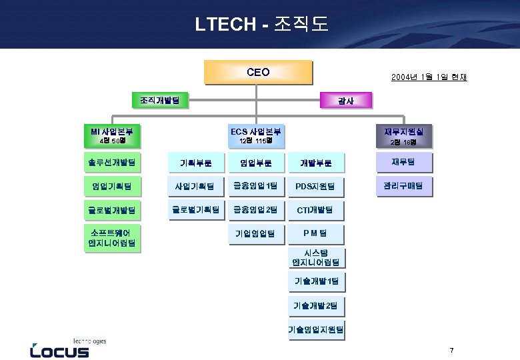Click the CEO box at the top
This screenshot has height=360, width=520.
(x=258, y=72)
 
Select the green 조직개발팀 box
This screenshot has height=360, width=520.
(x=160, y=100)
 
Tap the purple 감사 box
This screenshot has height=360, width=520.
(x=346, y=101)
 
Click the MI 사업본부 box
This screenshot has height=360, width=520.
(x=112, y=135)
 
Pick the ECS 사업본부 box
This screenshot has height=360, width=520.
(x=257, y=135)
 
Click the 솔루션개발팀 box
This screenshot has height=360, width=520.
(x=112, y=162)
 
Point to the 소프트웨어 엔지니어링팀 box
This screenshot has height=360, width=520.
(x=112, y=238)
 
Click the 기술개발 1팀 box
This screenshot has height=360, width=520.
(x=317, y=281)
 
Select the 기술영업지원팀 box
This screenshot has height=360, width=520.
(x=317, y=329)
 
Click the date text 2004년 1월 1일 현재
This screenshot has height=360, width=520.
(x=429, y=77)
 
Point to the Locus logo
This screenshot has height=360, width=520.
(x=60, y=348)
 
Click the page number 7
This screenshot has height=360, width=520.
(x=451, y=351)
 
